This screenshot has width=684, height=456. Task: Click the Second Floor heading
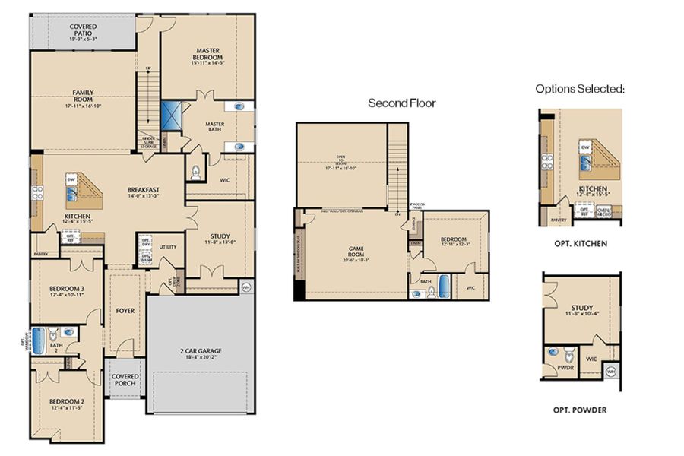(402, 103)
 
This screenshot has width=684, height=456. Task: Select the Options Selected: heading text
(579, 89)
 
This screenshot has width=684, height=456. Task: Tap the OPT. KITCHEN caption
(581, 245)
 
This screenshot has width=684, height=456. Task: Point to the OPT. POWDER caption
(580, 410)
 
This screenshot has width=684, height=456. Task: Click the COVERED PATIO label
(84, 30)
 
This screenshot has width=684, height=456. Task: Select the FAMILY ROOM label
(84, 97)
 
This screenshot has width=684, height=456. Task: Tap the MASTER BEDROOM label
(207, 55)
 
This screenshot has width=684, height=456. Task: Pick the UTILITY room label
(168, 247)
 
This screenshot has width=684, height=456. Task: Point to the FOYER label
(125, 310)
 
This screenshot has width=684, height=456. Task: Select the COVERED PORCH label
(124, 380)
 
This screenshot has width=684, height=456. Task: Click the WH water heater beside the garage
(245, 287)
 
